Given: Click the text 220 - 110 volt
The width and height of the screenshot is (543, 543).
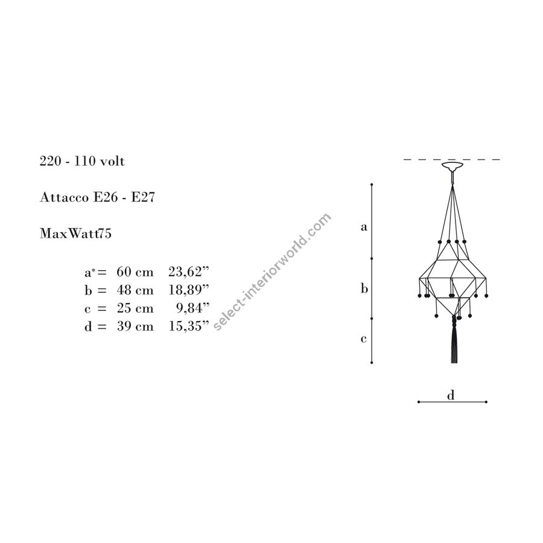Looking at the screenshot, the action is (82, 161).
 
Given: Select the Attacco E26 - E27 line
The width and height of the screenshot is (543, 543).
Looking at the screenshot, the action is (97, 197).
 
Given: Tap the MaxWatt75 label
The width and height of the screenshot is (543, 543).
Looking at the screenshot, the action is (75, 233).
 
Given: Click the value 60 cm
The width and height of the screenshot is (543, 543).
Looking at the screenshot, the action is (135, 272).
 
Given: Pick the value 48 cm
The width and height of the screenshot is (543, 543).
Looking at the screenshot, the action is (135, 290).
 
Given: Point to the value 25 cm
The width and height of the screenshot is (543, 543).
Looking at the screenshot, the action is (135, 308).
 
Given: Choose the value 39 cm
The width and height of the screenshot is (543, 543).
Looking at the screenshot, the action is (135, 326).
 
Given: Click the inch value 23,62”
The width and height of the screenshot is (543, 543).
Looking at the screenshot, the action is (189, 272).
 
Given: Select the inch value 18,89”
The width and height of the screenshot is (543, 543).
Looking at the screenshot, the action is (189, 290).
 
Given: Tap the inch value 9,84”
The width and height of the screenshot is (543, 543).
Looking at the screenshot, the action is (193, 308).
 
